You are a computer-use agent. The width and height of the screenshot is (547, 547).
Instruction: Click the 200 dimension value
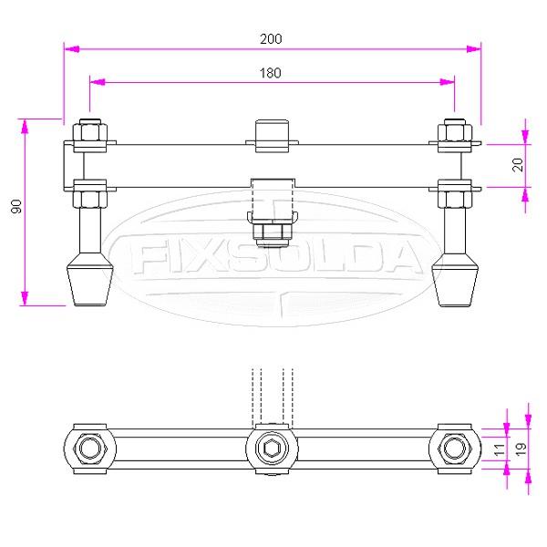click(272, 38)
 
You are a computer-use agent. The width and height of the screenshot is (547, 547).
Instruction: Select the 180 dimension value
click(272, 72)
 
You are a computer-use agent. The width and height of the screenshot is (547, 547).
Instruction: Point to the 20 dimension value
click(518, 165)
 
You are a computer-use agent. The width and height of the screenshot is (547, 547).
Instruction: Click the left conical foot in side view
click(89, 281)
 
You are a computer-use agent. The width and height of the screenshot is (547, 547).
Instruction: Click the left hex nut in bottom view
click(89, 449)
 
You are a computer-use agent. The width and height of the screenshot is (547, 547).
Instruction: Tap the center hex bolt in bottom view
click(271, 449)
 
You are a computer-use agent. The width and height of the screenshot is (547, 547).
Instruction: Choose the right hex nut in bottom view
click(454, 449)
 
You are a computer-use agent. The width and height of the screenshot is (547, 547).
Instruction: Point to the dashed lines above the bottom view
click(271, 392)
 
